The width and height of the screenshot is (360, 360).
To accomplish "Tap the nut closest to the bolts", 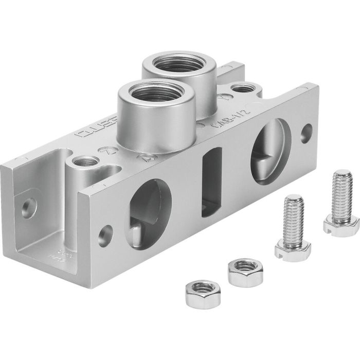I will [x=242, y=272].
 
